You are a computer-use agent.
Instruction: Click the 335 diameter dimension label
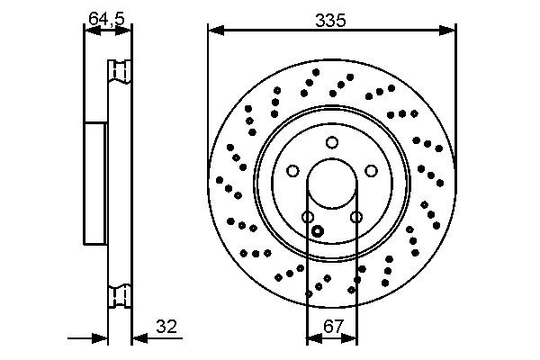click(331, 17)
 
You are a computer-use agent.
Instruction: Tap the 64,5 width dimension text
click(107, 16)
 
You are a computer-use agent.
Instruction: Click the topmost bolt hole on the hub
click(332, 141)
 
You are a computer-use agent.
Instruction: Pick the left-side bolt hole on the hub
click(292, 171)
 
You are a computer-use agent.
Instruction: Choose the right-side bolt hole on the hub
click(371, 171)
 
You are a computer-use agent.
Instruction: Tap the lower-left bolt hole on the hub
click(308, 217)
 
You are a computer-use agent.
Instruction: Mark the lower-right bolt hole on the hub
click(355, 217)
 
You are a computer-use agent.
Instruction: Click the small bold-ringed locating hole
click(317, 231)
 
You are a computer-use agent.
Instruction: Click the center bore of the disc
click(331, 184)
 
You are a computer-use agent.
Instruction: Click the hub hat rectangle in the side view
click(94, 184)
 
